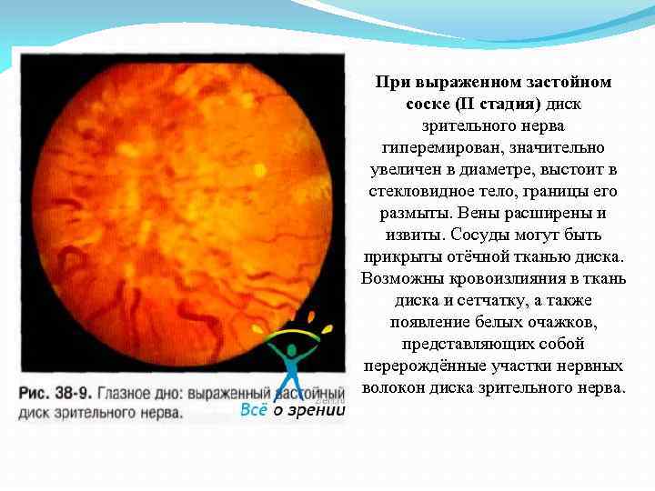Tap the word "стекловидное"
coord(414,192)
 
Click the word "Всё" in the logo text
coord(254,410)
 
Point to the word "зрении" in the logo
coord(317,410)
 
